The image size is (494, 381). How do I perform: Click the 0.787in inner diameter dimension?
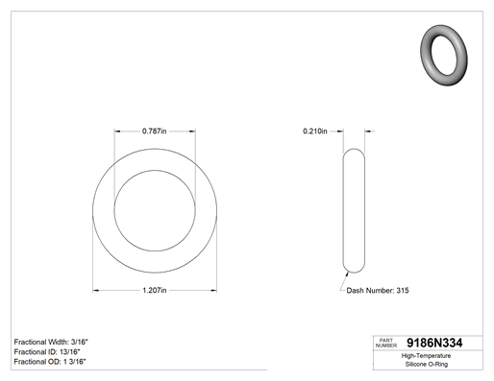[155, 131]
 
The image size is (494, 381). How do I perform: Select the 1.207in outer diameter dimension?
[155, 291]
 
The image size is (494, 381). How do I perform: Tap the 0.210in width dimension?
[315, 131]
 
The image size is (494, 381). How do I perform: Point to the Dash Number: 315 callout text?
[378, 291]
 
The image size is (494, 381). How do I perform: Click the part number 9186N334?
[434, 343]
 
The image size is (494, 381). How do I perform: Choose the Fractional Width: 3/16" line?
[51, 342]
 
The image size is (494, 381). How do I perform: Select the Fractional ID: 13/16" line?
[47, 352]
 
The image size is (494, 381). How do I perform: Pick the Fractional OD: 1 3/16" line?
[50, 362]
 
